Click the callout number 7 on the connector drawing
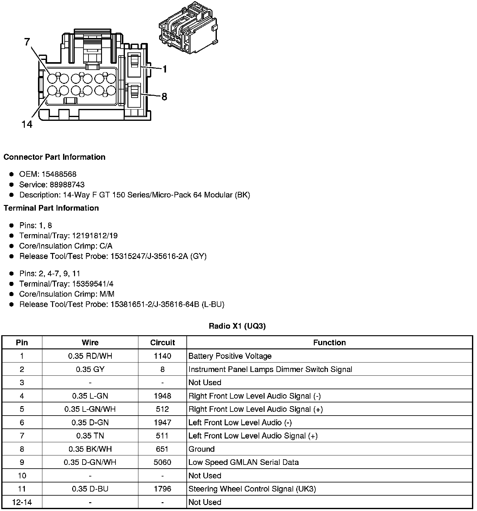(x=28, y=42)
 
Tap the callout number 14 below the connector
(x=27, y=125)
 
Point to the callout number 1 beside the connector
(x=165, y=69)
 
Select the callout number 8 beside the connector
(x=164, y=97)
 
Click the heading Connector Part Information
(x=54, y=157)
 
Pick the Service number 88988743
(x=67, y=185)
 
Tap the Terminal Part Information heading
(x=51, y=208)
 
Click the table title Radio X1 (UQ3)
(x=237, y=326)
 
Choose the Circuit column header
(x=162, y=342)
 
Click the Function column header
(x=329, y=342)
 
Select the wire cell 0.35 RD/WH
(x=90, y=356)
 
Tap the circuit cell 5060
(x=162, y=462)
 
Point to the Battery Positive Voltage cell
(x=230, y=356)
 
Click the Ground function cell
(x=201, y=449)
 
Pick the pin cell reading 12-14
(x=22, y=502)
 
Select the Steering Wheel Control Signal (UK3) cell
(x=252, y=489)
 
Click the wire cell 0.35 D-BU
(x=90, y=489)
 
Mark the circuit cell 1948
(x=162, y=396)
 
